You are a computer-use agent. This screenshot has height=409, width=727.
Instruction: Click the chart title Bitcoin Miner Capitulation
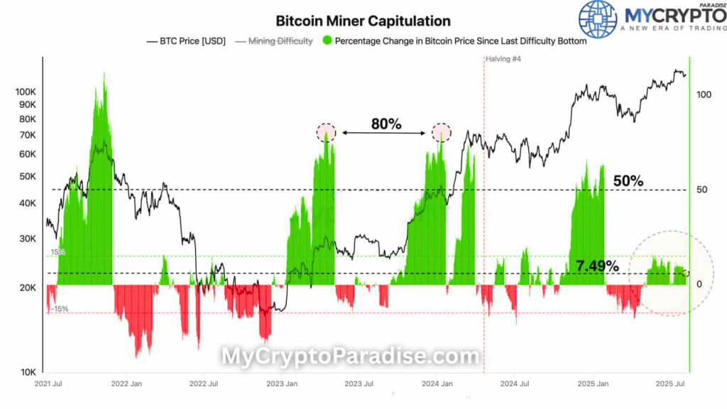tap(363, 21)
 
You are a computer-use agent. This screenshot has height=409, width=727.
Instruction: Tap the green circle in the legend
tap(327, 41)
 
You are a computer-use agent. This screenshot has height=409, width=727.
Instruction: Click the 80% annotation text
tap(386, 124)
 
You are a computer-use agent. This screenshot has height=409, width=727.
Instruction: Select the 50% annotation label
tap(628, 181)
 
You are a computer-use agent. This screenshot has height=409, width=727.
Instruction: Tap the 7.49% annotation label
tap(597, 266)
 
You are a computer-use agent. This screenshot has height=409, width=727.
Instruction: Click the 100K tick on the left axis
tap(28, 92)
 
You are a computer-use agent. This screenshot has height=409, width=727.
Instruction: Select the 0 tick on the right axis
tap(699, 284)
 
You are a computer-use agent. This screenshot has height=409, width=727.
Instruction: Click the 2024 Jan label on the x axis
tap(438, 384)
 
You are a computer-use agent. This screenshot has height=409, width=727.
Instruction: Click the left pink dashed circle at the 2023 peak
tap(326, 132)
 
